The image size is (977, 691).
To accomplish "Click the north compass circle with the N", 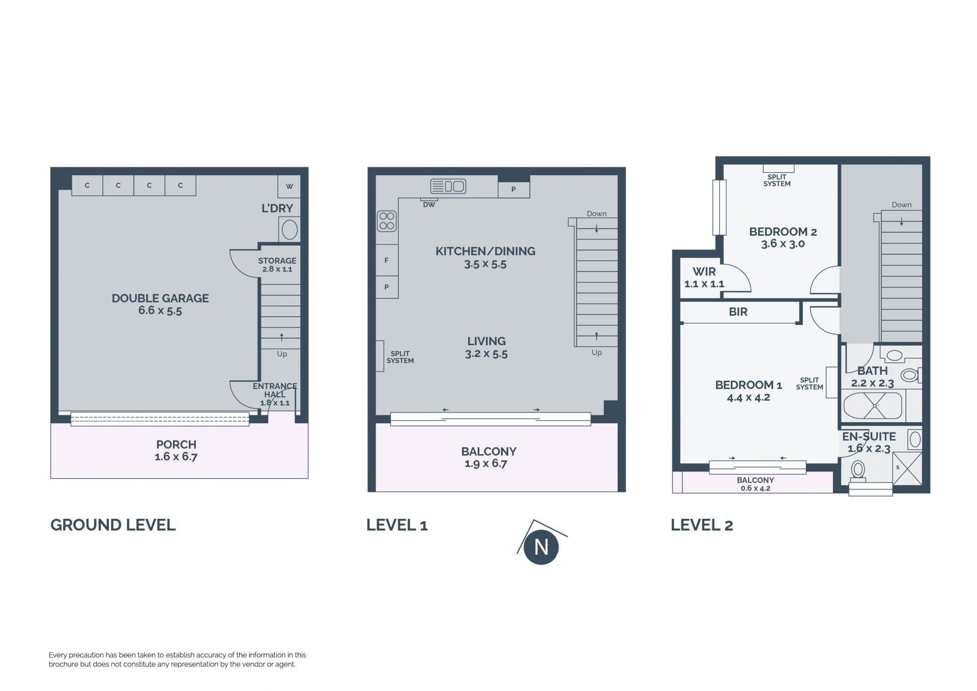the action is (x=541, y=547).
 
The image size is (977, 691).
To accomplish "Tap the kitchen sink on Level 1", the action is (x=448, y=186).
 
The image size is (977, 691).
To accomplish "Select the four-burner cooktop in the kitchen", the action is (x=387, y=221).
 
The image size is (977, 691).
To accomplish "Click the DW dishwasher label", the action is (x=429, y=205).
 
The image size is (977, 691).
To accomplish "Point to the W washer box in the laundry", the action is (x=289, y=186).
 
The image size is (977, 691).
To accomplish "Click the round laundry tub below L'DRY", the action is (x=290, y=230).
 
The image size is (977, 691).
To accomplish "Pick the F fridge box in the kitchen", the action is (x=387, y=260).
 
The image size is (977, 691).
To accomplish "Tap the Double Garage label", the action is (x=160, y=298).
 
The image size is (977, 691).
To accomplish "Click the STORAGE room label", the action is (x=277, y=260).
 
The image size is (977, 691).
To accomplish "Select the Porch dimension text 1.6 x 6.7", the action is (x=176, y=457).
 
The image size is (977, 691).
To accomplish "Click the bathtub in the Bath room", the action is (x=873, y=406).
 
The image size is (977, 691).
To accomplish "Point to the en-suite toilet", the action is (x=858, y=471).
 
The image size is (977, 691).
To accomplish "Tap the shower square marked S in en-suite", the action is (x=907, y=467).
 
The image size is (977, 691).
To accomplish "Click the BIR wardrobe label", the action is (x=738, y=312).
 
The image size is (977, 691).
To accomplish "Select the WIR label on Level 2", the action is (x=704, y=271).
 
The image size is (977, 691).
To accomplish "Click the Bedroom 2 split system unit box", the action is (x=778, y=169).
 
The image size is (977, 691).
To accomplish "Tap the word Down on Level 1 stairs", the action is (x=596, y=214).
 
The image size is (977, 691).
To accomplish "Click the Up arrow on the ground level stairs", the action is (x=281, y=337).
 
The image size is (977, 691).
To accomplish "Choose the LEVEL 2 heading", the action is (x=702, y=525).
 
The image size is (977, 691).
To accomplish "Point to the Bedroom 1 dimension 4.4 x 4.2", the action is (x=749, y=398).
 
